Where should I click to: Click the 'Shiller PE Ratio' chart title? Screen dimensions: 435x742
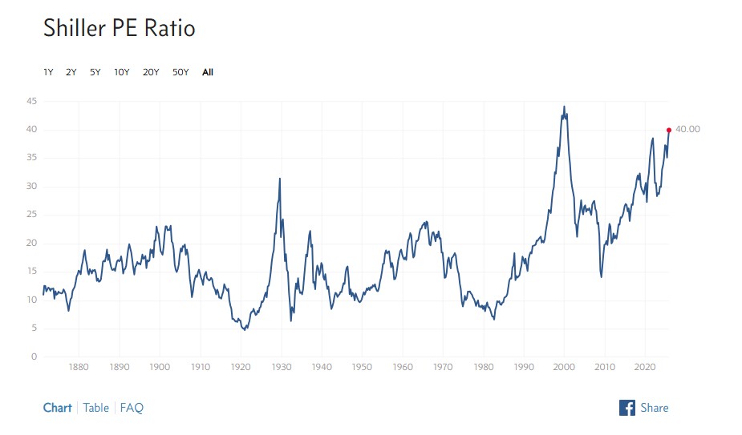click(x=119, y=29)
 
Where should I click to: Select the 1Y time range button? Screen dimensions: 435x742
click(x=48, y=72)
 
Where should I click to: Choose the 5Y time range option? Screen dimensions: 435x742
click(x=95, y=72)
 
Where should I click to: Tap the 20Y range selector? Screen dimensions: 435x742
click(x=151, y=72)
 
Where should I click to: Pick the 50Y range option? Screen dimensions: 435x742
click(x=180, y=72)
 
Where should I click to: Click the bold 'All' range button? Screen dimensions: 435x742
click(x=208, y=72)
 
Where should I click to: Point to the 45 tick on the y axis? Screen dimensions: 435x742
click(x=31, y=101)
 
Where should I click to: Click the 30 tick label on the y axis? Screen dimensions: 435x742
click(x=31, y=187)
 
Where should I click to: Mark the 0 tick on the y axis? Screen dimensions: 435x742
click(x=34, y=356)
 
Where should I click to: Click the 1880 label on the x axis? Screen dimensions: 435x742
click(x=79, y=368)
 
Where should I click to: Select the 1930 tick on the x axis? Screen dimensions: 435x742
click(x=281, y=368)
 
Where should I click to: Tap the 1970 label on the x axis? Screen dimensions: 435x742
click(x=443, y=368)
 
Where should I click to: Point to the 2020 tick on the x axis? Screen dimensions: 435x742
click(x=645, y=368)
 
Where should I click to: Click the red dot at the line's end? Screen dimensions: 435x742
click(x=669, y=130)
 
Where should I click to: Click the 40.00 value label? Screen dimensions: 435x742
click(x=687, y=130)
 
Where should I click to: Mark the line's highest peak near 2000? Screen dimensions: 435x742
click(x=564, y=107)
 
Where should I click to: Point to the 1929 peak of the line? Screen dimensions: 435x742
click(x=279, y=179)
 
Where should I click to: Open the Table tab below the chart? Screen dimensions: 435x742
click(x=95, y=408)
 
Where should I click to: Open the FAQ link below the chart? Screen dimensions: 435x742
click(x=132, y=408)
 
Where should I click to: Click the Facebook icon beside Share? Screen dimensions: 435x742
click(x=627, y=408)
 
